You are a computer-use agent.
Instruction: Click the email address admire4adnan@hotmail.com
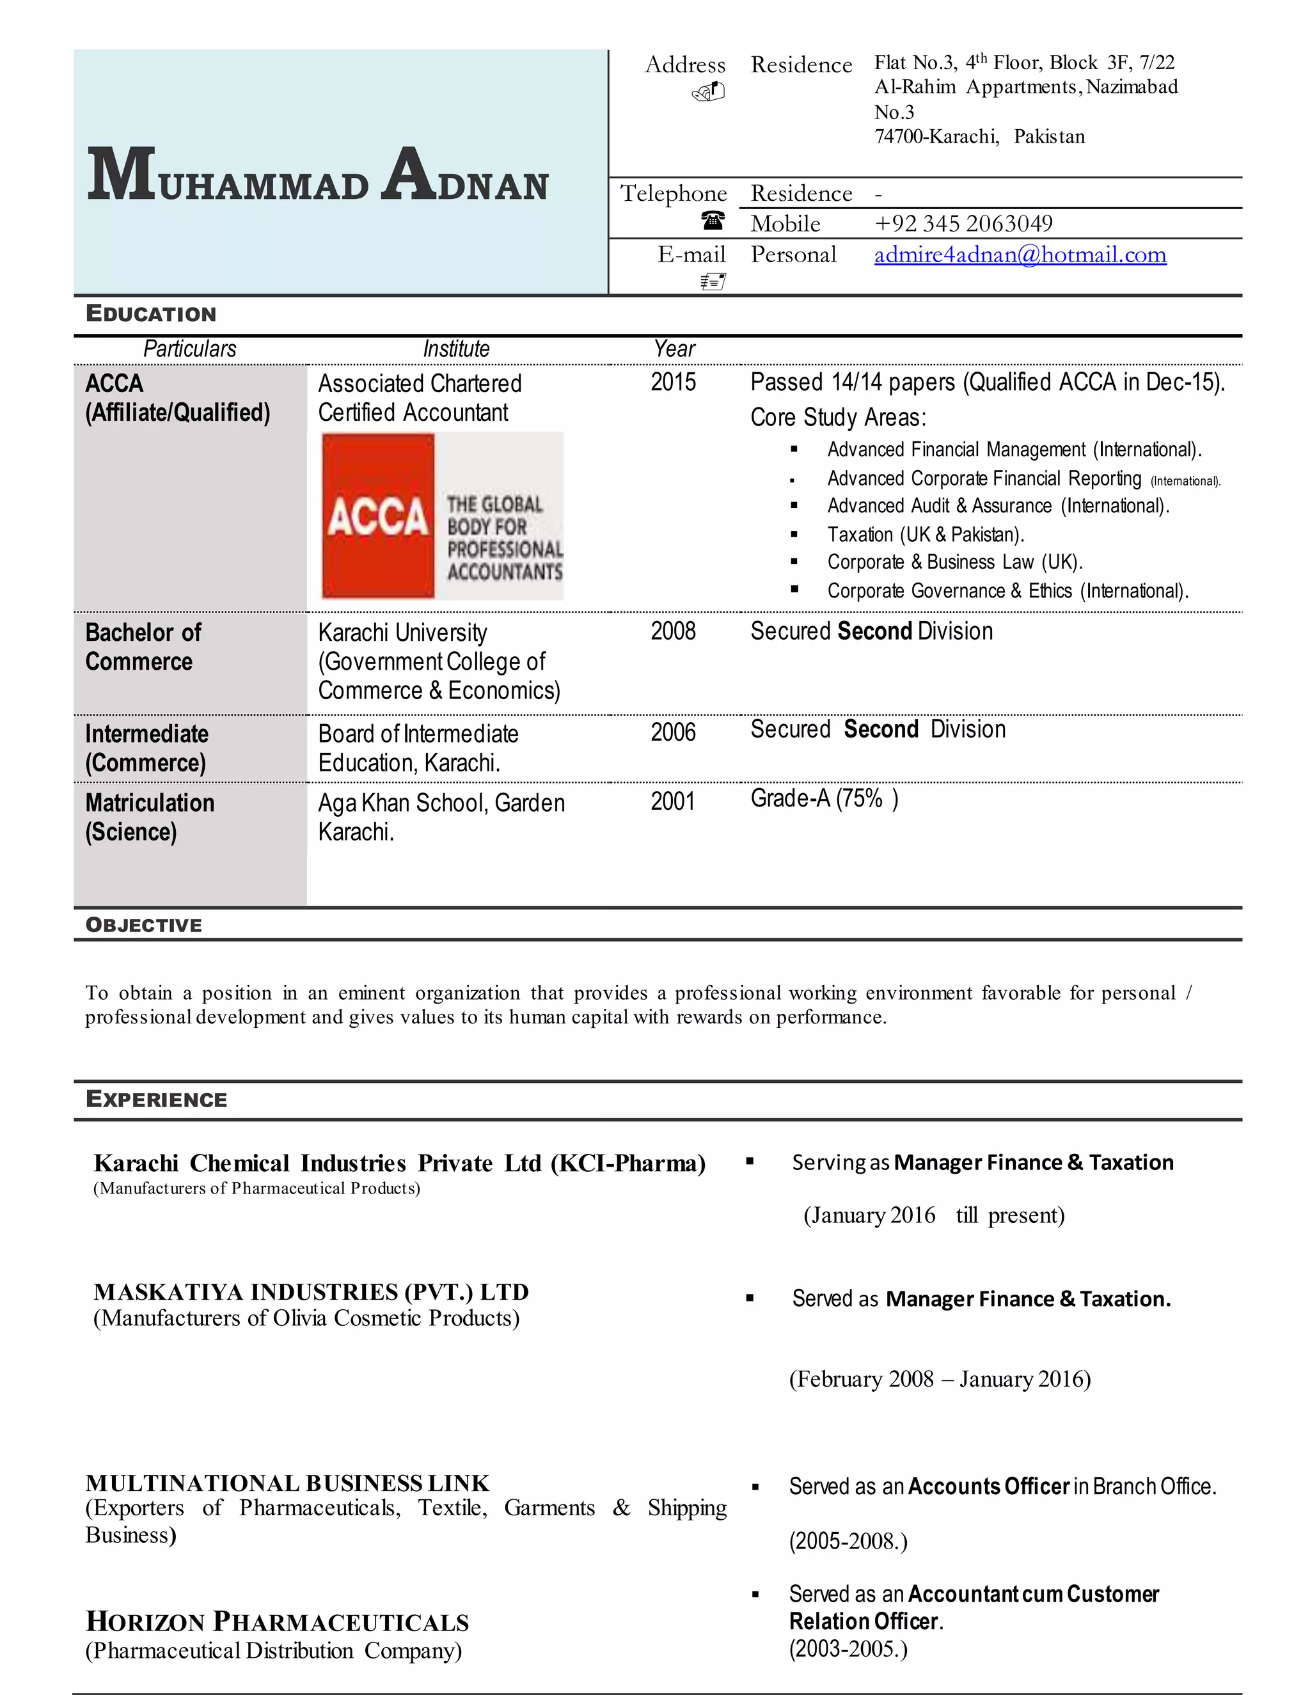coord(1020,255)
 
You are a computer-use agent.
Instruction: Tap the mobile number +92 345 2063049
coord(963,223)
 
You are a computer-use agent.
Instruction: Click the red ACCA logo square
coord(378,516)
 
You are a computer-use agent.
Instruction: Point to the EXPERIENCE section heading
coord(156,1099)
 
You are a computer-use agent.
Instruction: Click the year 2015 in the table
coord(673,382)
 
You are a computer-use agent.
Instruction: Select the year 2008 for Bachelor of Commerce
coord(673,631)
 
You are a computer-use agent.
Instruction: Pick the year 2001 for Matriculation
coord(673,801)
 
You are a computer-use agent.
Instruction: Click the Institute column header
coord(456,349)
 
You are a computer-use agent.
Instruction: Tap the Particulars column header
coord(189,349)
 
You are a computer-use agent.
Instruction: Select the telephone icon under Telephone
coord(713,221)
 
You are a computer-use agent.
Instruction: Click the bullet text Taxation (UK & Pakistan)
coord(925,534)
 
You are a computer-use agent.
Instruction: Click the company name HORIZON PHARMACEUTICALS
coord(277,1621)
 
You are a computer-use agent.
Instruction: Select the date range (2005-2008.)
coord(848,1541)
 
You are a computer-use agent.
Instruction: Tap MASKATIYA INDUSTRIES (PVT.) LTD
coord(312,1291)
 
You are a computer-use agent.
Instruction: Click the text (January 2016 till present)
coord(934,1215)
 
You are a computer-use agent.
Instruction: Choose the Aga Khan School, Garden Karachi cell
coord(441,816)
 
